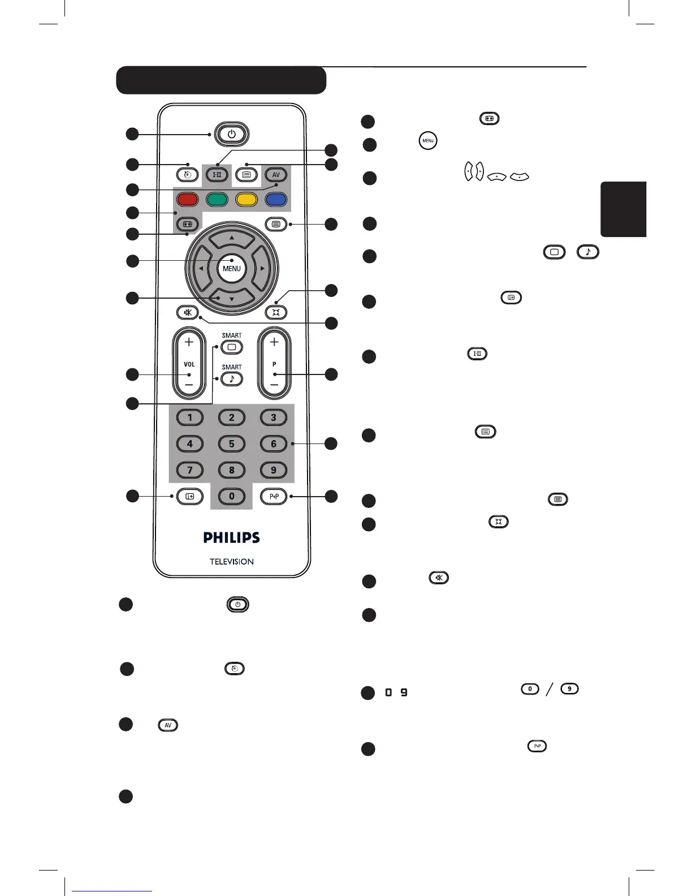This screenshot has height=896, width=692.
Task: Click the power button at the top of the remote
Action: coord(231,135)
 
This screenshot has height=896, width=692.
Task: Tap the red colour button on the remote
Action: coord(187,200)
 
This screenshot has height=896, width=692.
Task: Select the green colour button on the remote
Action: coord(217,200)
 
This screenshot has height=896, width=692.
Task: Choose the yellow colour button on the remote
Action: coord(246,200)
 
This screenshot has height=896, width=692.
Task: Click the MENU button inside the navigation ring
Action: coord(231,269)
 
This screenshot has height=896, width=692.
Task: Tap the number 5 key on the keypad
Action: coord(231,444)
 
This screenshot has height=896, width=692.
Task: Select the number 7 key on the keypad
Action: coord(189,470)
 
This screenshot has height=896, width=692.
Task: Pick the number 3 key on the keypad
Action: coord(274,418)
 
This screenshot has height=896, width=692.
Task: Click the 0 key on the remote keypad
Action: coord(231,497)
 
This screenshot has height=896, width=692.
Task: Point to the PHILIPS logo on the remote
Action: coord(231,537)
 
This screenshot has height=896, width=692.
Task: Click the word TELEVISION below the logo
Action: coord(231,562)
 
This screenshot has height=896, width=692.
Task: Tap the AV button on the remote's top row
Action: coord(276,175)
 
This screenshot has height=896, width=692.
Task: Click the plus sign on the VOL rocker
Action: coord(189,342)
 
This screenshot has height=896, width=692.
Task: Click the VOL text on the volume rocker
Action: coord(189,364)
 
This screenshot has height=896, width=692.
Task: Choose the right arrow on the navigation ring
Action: coord(262,269)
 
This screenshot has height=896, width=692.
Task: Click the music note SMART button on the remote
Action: coord(231,379)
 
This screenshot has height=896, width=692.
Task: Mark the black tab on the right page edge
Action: coord(623,209)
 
